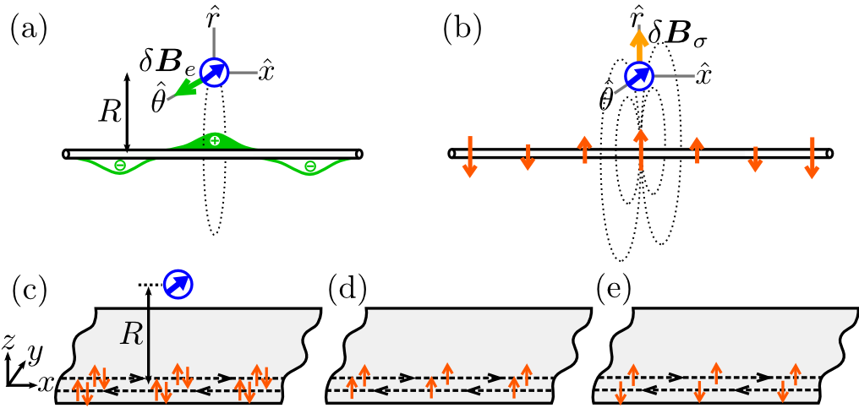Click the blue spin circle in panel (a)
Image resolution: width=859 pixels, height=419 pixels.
(x=215, y=73)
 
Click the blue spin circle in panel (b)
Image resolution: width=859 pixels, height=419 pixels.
(x=640, y=78)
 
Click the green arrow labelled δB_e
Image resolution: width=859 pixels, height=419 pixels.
(x=181, y=88)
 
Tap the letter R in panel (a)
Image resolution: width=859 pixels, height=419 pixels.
(x=108, y=112)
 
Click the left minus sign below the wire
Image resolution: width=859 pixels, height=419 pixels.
(x=119, y=166)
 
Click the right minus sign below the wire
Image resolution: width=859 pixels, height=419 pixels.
(x=310, y=167)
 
